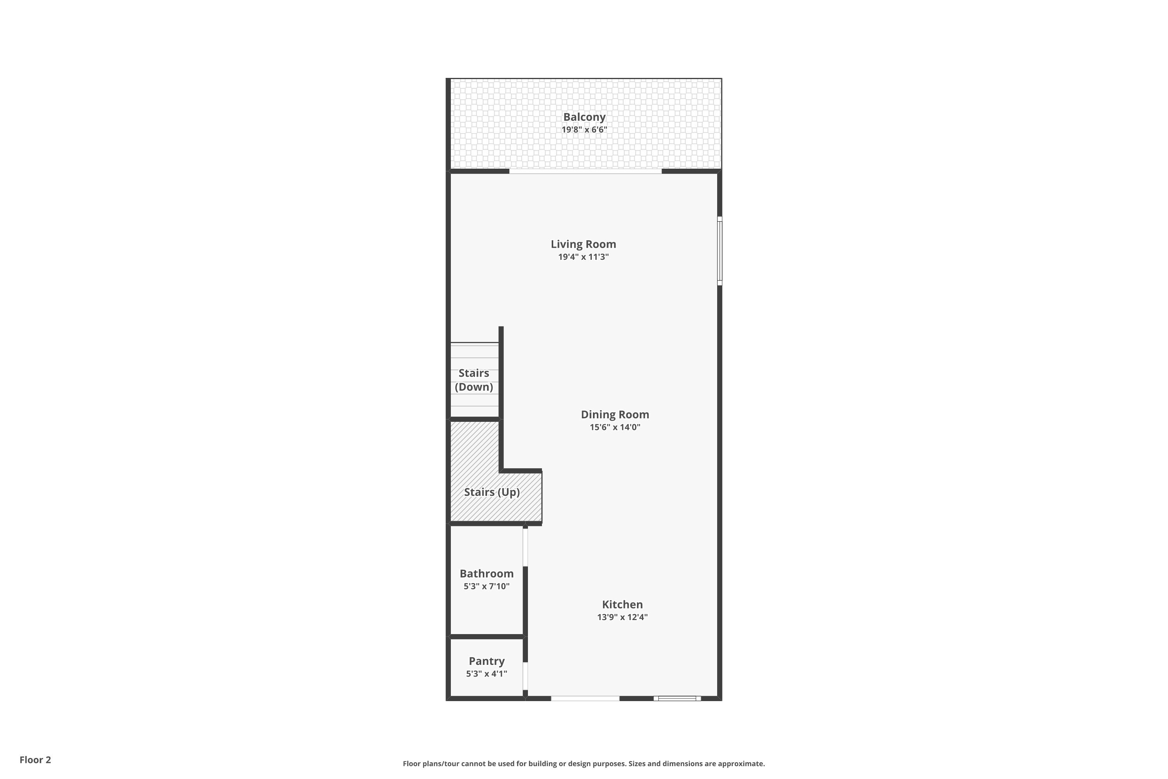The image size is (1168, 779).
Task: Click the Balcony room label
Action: point(584,117)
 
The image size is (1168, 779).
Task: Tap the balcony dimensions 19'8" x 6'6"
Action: point(584,130)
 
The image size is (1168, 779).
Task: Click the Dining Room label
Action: point(615,415)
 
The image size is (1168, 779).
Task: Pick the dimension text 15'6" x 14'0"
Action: point(615,427)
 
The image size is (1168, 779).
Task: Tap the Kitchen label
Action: point(622,605)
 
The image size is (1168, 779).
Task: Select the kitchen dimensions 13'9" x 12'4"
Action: point(622,617)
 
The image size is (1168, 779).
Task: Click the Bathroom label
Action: point(486,574)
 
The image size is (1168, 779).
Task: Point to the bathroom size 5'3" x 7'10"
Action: point(486,587)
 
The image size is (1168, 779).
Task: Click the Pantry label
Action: point(486,661)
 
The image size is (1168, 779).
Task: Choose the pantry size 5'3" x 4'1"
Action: point(486,674)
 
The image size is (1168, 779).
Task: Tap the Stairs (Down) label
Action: point(474,380)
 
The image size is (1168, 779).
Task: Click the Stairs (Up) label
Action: point(492,492)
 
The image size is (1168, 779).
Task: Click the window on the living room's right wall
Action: point(719,251)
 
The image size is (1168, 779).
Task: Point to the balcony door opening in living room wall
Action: point(585,171)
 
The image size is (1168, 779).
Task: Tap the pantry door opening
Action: point(525,676)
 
